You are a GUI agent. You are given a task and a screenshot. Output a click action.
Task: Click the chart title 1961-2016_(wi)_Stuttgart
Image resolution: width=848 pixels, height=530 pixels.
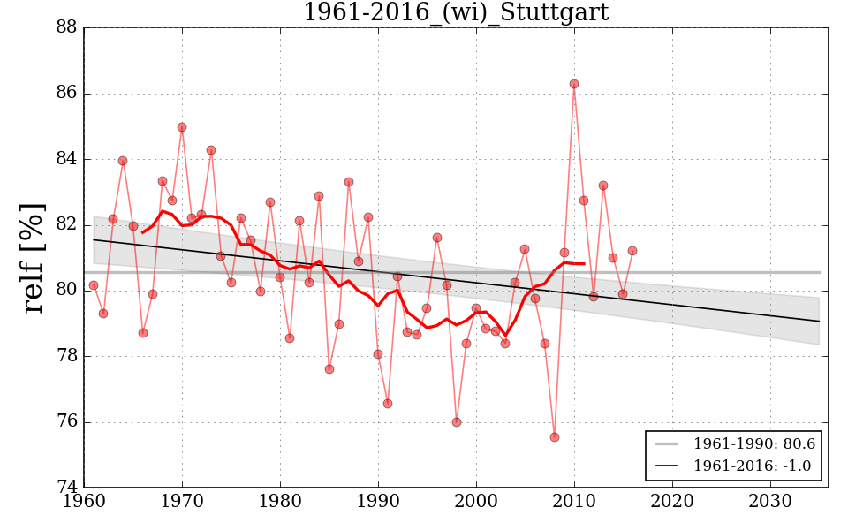455,13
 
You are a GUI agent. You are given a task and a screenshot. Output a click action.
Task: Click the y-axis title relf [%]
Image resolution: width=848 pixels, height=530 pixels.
34,258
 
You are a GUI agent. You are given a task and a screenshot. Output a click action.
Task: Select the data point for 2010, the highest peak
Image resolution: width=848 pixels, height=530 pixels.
574,84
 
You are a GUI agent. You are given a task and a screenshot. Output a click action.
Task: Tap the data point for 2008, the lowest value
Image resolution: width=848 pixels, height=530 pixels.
555,437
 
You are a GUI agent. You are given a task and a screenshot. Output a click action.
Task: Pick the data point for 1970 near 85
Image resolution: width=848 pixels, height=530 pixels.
182,127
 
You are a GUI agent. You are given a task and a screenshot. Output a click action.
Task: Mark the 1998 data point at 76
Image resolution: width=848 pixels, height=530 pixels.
457,422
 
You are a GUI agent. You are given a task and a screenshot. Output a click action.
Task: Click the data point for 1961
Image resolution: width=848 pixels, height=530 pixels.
94,285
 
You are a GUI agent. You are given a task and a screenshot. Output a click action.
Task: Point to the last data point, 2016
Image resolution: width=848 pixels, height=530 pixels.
632,251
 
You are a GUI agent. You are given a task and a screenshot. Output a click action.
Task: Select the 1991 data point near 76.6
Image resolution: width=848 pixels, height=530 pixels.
388,404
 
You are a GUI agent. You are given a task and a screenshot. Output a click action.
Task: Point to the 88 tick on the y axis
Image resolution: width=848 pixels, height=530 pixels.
66,28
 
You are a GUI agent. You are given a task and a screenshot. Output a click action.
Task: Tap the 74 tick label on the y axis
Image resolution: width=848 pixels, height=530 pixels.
66,488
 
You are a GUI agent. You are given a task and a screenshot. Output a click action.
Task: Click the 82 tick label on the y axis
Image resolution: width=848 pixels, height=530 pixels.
66,225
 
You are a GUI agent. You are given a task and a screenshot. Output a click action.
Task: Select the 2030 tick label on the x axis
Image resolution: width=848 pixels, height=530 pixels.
770,503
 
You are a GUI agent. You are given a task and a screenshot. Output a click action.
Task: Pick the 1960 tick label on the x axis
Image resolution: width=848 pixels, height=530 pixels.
85,503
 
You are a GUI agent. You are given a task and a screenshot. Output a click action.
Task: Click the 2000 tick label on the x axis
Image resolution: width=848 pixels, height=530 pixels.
477,503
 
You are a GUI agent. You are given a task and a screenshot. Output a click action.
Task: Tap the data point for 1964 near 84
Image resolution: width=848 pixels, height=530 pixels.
123,161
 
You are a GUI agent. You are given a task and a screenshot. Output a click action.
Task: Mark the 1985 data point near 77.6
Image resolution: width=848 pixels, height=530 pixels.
329,369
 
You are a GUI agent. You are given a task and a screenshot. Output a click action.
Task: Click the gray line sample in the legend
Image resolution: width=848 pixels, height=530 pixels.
669,443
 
